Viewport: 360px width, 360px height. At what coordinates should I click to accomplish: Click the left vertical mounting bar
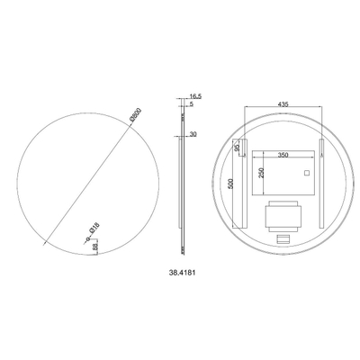(x=244, y=184)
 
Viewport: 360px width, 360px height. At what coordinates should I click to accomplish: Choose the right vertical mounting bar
(x=320, y=184)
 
